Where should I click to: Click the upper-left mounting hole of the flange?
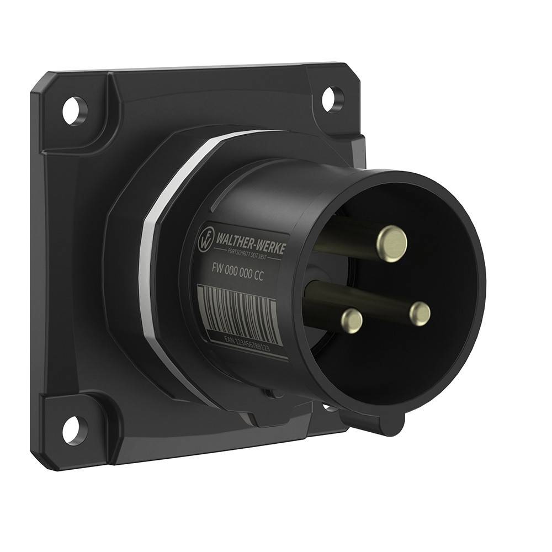click(75, 110)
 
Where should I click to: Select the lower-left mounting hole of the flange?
click(72, 430)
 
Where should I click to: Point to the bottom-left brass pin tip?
click(352, 320)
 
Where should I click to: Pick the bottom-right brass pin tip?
click(420, 313)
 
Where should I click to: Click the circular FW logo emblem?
click(206, 237)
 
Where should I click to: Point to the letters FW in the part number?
click(216, 266)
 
